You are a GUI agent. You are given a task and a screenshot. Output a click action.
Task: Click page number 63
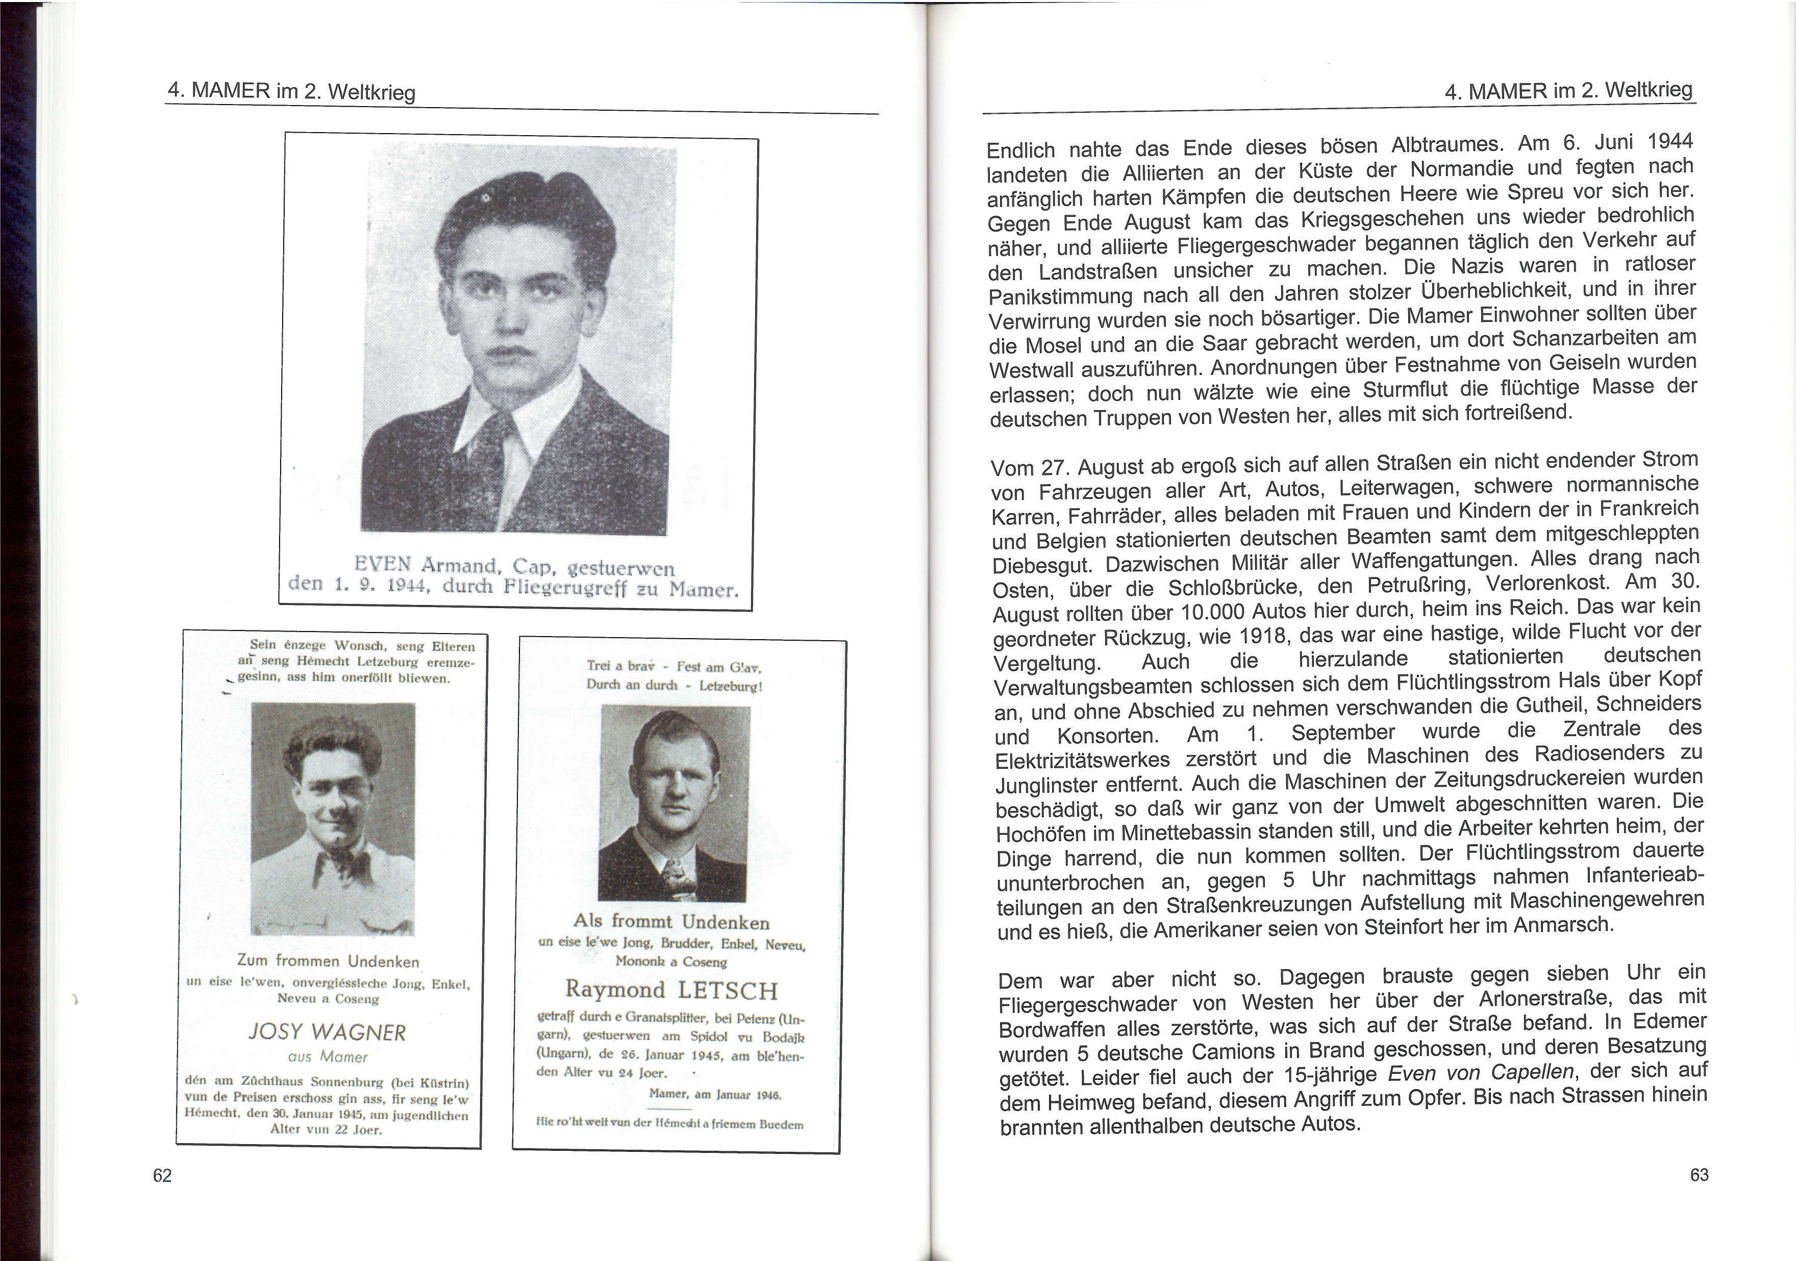[x=1699, y=1174]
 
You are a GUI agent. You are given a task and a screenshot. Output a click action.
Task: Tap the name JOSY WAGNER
[x=327, y=1032]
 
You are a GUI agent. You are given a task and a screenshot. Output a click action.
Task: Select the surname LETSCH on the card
[x=728, y=990]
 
